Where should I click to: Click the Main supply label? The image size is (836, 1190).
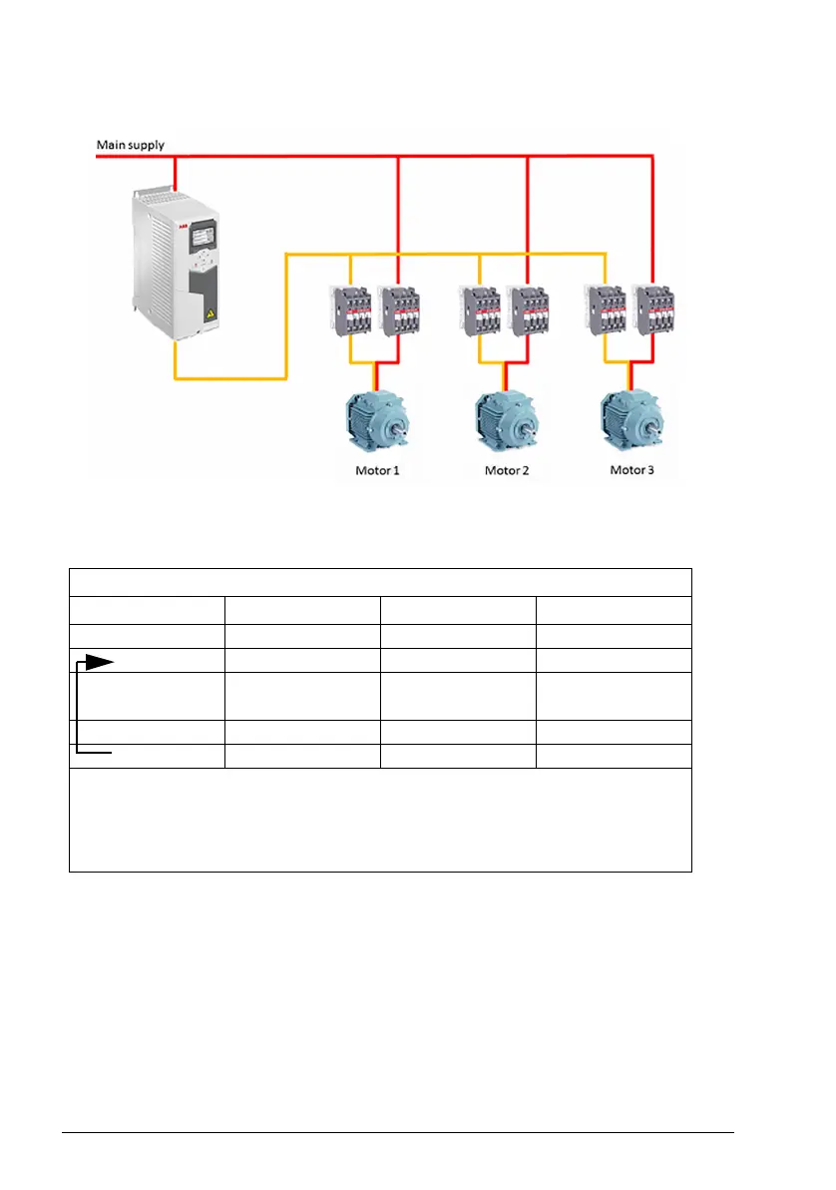[130, 145]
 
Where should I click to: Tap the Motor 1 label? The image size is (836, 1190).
[377, 469]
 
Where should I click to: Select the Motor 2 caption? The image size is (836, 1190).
[507, 469]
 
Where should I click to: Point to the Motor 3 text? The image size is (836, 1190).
[632, 469]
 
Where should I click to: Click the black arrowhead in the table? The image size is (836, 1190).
[98, 661]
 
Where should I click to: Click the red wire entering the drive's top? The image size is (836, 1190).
[176, 174]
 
